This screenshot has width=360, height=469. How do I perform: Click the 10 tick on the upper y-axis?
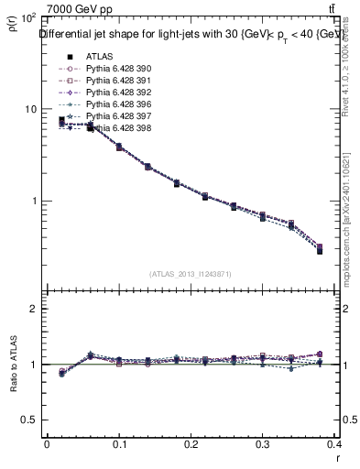[x=28, y=109]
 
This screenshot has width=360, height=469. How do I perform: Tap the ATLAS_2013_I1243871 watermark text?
[x=191, y=274]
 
